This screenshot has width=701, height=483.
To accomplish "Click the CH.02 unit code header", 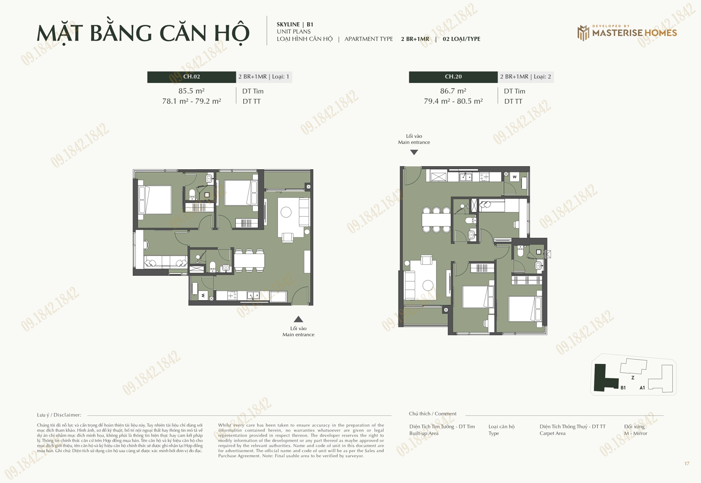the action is pos(191,77).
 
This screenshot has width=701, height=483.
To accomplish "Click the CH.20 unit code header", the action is pos(453,77).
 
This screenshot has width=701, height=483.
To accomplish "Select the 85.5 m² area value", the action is pos(191,91).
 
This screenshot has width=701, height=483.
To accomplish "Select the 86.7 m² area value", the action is pos(453,91).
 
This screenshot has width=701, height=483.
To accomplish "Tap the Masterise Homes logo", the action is pos(627,33).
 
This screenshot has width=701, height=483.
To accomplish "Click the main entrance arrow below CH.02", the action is pos(298,319).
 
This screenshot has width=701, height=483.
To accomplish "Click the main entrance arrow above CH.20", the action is pos(414,152).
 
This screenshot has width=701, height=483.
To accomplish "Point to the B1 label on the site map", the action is pos(623,388).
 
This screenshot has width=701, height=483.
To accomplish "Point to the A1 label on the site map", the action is pos(642,388).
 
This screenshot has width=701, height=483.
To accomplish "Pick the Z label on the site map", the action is pos(633,378).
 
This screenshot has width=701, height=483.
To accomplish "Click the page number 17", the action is pos(687,463).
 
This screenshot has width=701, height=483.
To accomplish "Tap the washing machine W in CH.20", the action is pos(515,177).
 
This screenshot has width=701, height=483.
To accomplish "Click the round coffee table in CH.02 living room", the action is pos(286,212).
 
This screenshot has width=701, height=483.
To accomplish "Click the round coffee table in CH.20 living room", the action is pos(428,285).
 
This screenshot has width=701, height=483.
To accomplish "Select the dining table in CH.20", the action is pos(436,220).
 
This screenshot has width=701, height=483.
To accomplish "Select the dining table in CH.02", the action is pos(249,261).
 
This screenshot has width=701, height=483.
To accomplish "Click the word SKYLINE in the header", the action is pos(288,25).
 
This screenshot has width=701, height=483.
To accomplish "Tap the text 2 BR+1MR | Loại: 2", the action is pos(525,77).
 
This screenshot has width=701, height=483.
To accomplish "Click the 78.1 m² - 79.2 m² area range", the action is pos(191,101).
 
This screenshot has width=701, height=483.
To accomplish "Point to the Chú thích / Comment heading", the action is pos(433,414).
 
